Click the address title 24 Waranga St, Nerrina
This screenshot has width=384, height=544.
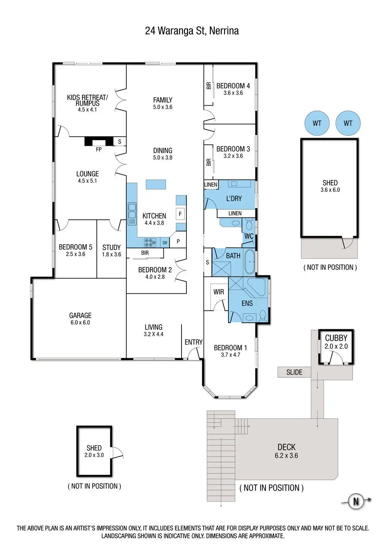192,31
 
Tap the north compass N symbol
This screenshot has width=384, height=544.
355,501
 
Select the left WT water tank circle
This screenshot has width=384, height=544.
317,123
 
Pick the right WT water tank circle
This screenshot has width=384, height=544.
348,123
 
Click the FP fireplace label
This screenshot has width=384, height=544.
99,150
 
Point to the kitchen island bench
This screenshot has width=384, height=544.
156,184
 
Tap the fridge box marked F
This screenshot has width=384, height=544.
180,214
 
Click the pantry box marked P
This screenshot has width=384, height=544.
178,242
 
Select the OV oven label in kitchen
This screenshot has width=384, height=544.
165,243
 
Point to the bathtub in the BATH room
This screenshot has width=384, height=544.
249,262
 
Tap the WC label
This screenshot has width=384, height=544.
249,236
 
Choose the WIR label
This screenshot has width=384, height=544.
219,292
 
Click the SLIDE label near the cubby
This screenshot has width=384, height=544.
294,372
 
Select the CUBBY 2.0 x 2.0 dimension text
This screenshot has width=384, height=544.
336,346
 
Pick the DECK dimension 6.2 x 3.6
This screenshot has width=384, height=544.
286,456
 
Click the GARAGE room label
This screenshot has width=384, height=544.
80,316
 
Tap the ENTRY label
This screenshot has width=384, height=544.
193,342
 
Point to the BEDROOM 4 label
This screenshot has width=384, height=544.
233,86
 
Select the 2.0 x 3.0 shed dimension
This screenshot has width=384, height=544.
94,455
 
